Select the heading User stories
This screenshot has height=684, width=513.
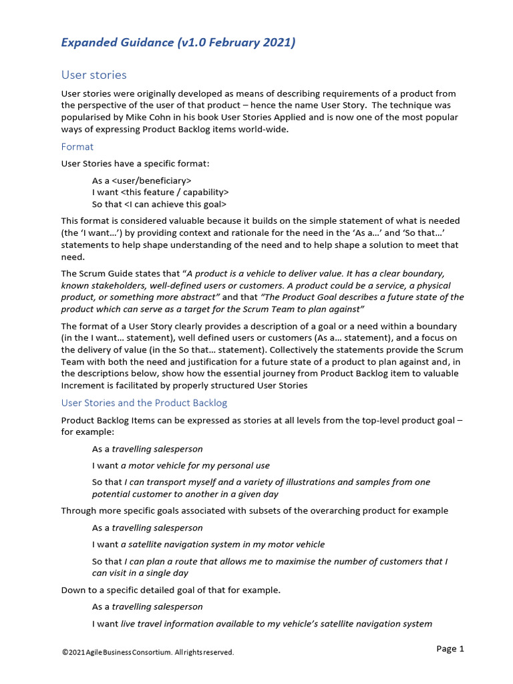point(94,75)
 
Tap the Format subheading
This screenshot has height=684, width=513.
point(77,146)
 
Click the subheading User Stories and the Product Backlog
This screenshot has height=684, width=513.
point(144,403)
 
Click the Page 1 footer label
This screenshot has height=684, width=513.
point(450,649)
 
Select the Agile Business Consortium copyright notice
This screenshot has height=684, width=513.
point(148,652)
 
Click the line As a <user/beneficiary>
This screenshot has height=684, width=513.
point(142,180)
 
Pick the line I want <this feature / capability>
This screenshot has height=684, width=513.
point(160,192)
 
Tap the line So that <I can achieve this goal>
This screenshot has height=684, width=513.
point(159,204)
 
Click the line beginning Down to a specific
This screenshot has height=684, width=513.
point(170,590)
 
